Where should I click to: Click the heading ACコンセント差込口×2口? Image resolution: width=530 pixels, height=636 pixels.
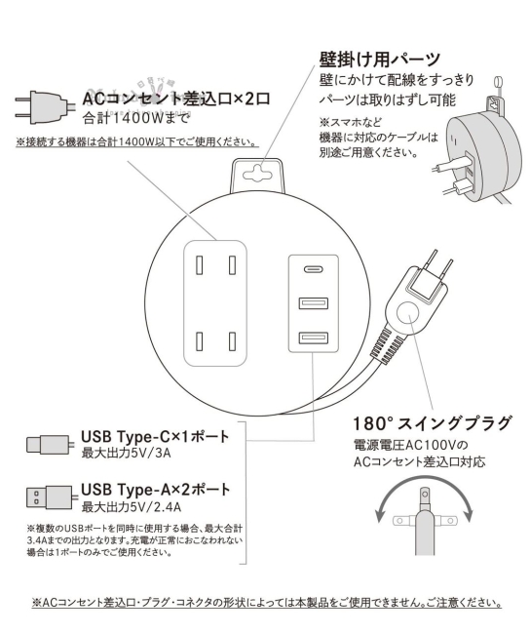point(175,99)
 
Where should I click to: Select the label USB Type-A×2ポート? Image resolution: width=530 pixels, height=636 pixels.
point(156,488)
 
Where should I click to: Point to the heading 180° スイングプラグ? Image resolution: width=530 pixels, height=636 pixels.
point(431,423)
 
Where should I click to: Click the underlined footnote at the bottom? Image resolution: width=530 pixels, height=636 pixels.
point(266,603)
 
